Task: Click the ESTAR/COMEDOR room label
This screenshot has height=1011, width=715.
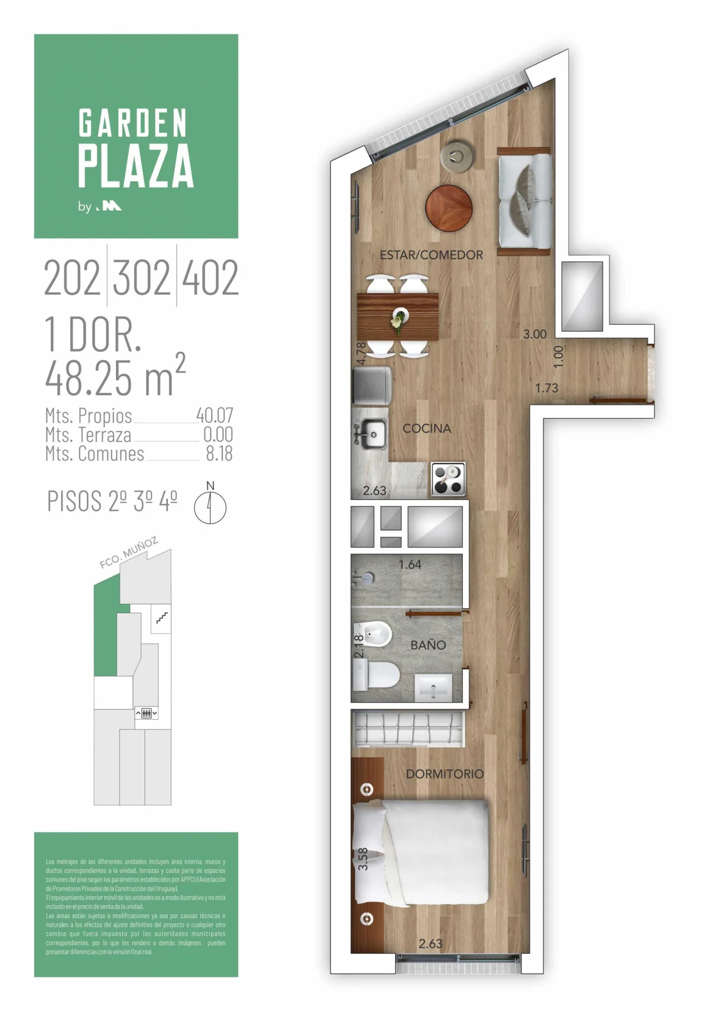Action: tap(431, 255)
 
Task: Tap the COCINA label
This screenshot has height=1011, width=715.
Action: tap(426, 429)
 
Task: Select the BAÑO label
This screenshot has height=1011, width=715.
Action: tap(428, 645)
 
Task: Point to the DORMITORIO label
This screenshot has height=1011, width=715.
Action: tap(445, 774)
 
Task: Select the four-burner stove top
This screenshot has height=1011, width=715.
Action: tap(448, 479)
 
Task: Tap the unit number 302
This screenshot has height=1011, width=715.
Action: tap(142, 277)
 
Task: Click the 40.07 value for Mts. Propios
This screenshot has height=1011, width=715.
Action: tap(215, 415)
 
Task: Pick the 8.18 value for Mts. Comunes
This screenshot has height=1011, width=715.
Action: tap(219, 453)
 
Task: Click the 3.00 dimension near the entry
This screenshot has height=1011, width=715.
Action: tap(534, 334)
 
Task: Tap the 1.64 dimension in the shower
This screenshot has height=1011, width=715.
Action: tap(410, 564)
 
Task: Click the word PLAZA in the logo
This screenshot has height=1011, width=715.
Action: tap(136, 166)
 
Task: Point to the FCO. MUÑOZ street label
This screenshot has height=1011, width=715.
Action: tap(129, 553)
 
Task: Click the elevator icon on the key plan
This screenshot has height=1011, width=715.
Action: tap(147, 713)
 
